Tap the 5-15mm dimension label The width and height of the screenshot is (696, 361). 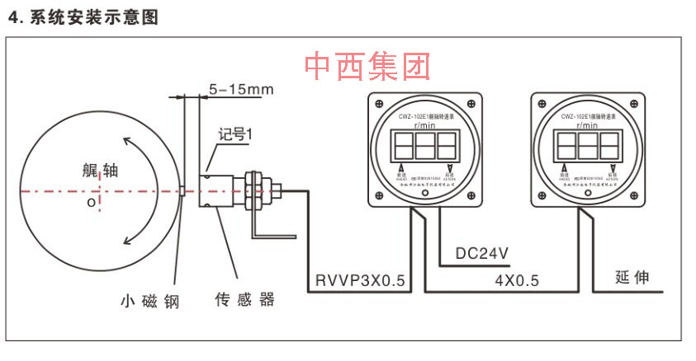pos(240,88)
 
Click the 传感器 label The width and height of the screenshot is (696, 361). pos(244,299)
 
